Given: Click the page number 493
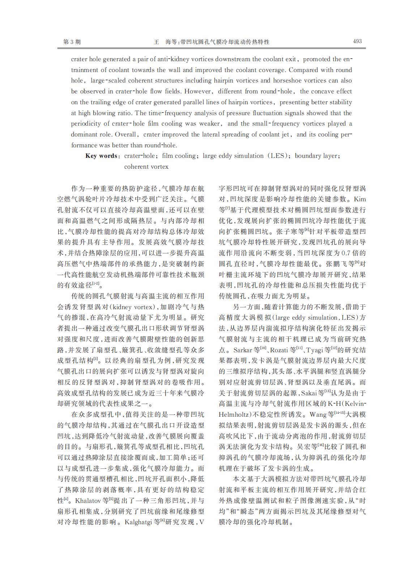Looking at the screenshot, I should click(357, 41).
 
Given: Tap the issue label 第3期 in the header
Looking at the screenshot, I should click(72, 42).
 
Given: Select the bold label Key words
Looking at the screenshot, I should click(102, 156).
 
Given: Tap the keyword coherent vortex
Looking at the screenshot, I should click(146, 167).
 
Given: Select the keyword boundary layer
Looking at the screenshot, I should click(317, 156).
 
